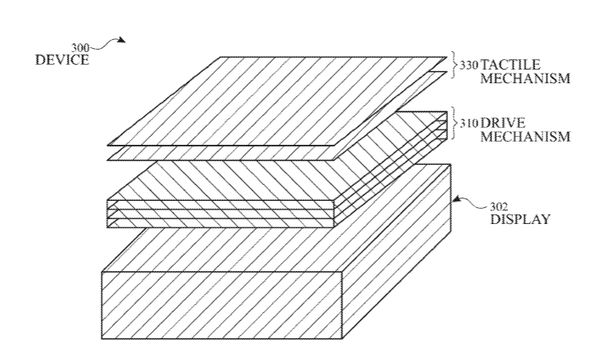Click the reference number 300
(x=80, y=48)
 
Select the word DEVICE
(x=62, y=60)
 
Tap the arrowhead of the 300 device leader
(x=122, y=40)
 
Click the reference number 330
(x=469, y=65)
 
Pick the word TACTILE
(x=510, y=64)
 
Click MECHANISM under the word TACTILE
(x=526, y=78)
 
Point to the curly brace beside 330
(x=454, y=65)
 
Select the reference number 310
(x=469, y=123)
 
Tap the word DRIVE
(x=503, y=123)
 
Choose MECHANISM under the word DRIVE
(x=526, y=137)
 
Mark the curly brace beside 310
(x=454, y=123)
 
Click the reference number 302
(x=499, y=206)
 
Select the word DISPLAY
(x=520, y=219)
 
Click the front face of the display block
(x=222, y=306)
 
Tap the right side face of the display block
(x=396, y=252)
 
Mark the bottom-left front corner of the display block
(x=102, y=338)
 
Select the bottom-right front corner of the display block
(x=342, y=338)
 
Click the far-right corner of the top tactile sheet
(x=446, y=58)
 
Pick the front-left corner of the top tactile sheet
(x=108, y=145)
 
